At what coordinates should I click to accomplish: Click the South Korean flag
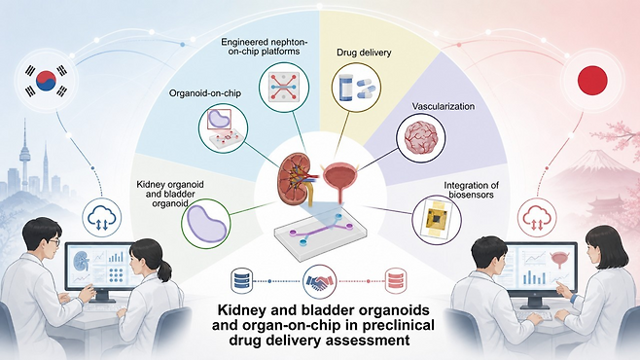(x=46, y=81)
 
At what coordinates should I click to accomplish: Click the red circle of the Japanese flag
(x=592, y=79)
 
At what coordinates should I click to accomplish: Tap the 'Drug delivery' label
(x=364, y=53)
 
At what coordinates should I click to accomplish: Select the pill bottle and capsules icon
(x=356, y=87)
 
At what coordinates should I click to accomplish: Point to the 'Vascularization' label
(x=444, y=106)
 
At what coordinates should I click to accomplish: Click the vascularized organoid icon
(x=421, y=137)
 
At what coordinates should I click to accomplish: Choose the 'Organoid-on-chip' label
(x=205, y=93)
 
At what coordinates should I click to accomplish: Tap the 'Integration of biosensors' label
(x=472, y=190)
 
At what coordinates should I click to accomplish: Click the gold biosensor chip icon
(x=437, y=219)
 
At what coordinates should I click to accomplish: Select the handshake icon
(x=320, y=281)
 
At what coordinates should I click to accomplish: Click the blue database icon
(x=241, y=280)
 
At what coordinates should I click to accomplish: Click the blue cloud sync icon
(x=101, y=218)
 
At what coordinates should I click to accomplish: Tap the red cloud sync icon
(x=538, y=218)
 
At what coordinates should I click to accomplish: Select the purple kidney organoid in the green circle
(x=206, y=224)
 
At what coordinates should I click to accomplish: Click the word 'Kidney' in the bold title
(x=239, y=309)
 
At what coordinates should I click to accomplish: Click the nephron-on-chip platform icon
(x=284, y=87)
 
